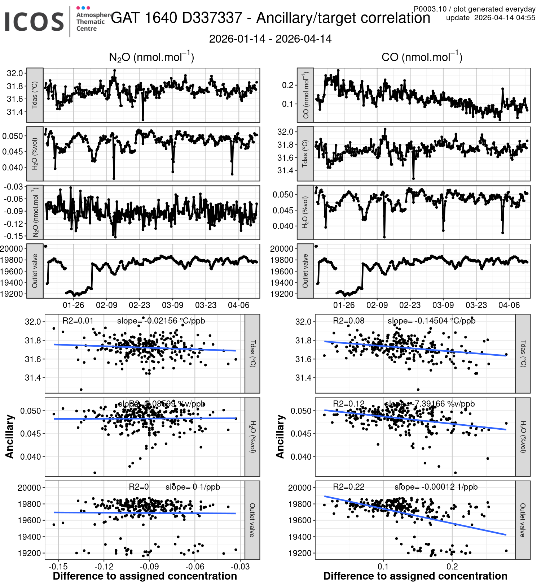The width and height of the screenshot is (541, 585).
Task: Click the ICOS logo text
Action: click(34, 22)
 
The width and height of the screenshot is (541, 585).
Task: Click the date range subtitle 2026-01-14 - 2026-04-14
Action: click(270, 39)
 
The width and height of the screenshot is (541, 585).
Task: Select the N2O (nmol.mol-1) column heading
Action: click(151, 57)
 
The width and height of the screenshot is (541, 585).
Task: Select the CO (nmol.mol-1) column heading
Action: click(422, 57)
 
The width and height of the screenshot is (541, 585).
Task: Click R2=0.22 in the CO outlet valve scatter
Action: click(348, 487)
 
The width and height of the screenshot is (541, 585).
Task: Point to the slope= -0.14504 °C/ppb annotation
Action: click(431, 321)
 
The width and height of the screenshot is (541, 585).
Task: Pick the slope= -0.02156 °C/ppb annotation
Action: click(161, 321)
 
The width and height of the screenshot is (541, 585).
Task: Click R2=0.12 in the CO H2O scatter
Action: click(348, 404)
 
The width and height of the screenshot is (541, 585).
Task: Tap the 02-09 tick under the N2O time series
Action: click(106, 305)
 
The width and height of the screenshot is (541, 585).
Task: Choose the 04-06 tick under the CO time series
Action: click(509, 305)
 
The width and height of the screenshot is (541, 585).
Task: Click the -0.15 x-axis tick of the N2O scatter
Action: click(58, 566)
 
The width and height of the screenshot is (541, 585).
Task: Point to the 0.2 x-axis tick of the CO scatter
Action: click(452, 566)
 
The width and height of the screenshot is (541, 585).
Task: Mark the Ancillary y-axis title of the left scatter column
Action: click(10, 437)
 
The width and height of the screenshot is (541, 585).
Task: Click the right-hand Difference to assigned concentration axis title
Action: click(415, 576)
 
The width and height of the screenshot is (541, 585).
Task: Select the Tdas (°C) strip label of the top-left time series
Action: click(35, 95)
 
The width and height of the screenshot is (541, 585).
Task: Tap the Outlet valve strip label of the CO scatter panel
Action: click(523, 520)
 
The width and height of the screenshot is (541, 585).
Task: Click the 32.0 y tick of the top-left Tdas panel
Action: click(15, 73)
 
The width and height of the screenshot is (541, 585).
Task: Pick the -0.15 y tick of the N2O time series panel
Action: click(13, 236)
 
